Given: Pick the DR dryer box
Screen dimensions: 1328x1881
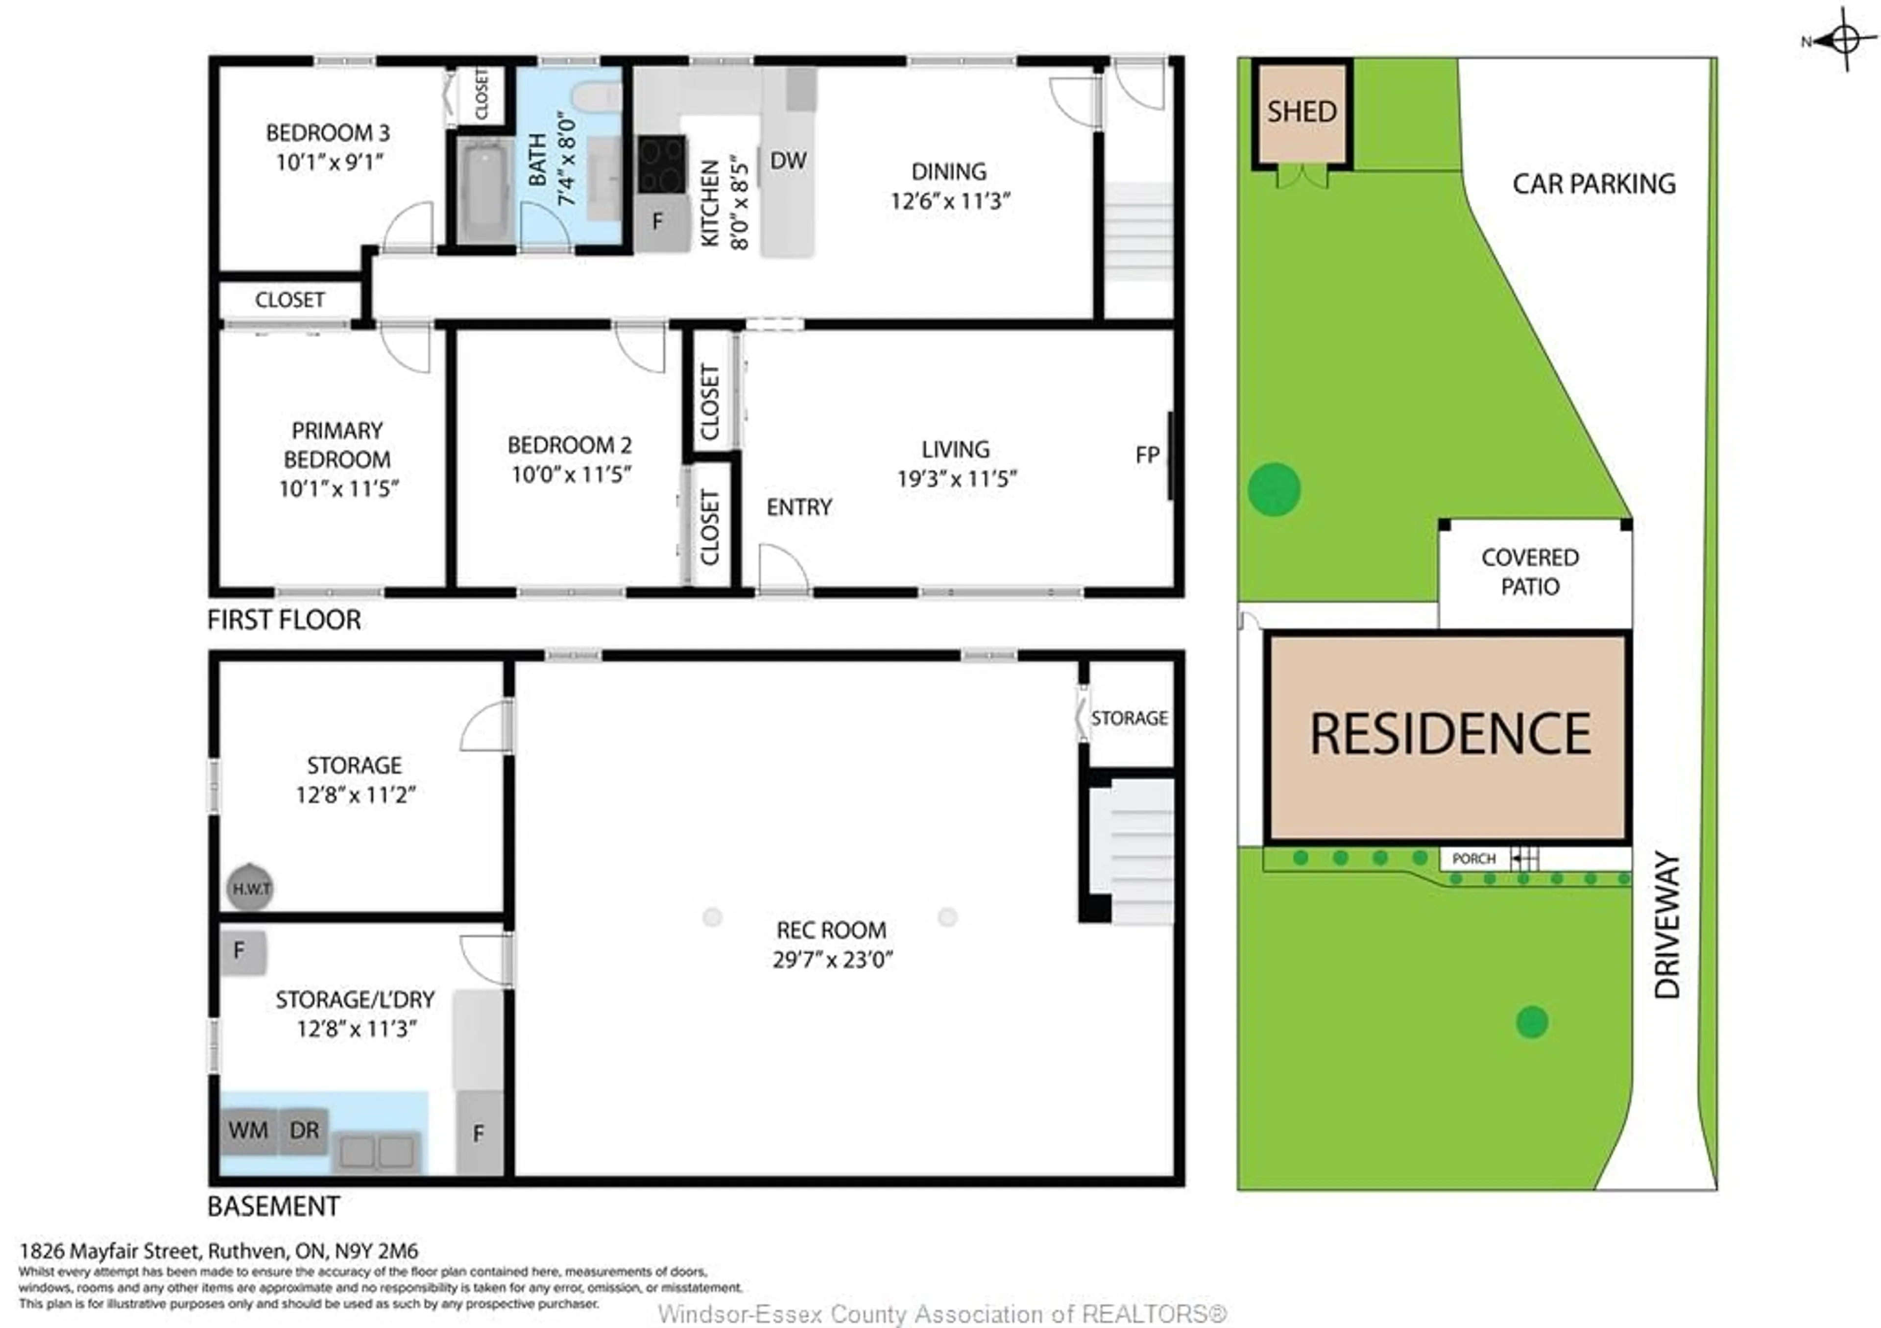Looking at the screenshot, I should tap(304, 1131).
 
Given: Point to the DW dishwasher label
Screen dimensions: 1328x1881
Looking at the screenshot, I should tap(788, 161).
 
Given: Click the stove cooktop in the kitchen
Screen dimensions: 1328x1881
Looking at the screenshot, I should tap(661, 164).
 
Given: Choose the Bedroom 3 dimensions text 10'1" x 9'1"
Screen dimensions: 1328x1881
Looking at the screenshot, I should tap(329, 162).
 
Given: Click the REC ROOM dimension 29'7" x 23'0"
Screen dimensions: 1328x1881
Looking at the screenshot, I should tap(832, 959).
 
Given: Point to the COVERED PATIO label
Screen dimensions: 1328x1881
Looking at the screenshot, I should tap(1530, 572).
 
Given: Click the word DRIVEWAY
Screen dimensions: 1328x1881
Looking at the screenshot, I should tap(1667, 926).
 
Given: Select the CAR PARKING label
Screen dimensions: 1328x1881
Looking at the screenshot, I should tap(1593, 184).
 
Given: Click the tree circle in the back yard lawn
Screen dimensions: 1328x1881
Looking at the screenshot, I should tap(1274, 489).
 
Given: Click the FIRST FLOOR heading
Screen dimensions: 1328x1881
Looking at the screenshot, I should tap(284, 620).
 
